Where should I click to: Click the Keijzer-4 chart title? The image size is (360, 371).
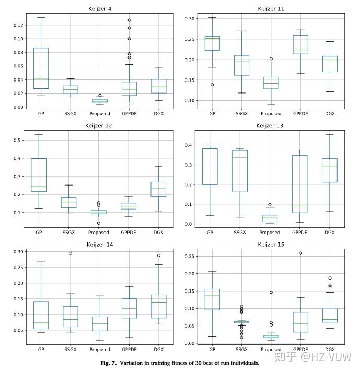[98, 9]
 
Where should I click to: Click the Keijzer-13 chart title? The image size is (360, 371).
[270, 126]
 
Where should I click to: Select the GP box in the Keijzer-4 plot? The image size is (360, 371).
[41, 68]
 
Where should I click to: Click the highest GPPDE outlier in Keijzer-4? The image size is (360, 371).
[129, 20]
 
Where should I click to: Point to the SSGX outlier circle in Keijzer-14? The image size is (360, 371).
[71, 253]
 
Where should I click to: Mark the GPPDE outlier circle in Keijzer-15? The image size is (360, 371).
[300, 253]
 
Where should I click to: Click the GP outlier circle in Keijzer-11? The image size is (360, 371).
[212, 85]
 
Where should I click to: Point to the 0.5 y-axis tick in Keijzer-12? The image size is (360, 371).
[19, 140]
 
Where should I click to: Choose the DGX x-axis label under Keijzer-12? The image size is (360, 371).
[158, 232]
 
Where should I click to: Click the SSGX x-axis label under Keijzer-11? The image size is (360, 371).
[241, 113]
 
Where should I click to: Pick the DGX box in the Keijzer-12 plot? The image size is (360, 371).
[158, 189]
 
